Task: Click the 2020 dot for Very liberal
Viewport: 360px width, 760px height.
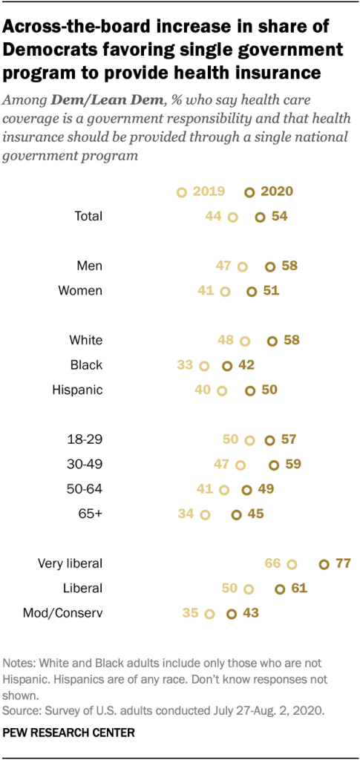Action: (324, 564)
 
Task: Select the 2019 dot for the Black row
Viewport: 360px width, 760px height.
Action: (204, 365)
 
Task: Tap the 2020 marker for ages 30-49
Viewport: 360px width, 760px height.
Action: (273, 465)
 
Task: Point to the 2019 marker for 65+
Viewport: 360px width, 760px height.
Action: (205, 514)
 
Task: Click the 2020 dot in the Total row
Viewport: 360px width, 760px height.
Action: (260, 217)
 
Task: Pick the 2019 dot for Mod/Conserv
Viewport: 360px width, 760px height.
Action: (209, 614)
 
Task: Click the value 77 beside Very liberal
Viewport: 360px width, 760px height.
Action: (341, 564)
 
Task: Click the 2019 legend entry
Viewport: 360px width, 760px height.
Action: (203, 191)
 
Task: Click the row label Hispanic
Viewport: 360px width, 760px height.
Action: (77, 390)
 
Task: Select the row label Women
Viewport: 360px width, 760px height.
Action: (80, 291)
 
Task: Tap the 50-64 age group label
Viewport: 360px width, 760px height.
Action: (85, 489)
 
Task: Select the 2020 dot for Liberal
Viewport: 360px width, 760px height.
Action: (280, 589)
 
